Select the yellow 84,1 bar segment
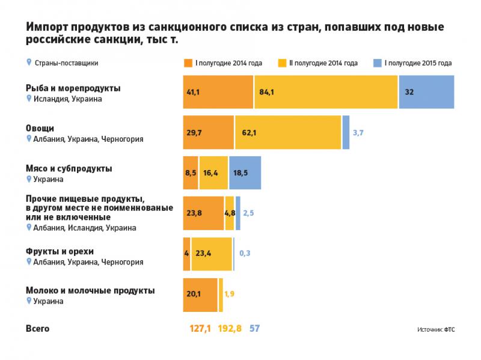click(x=325, y=92)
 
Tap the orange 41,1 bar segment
click(x=218, y=92)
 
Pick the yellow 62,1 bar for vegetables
click(x=287, y=132)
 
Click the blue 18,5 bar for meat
click(x=245, y=172)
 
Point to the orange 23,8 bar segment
click(x=203, y=213)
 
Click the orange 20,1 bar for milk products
click(x=200, y=294)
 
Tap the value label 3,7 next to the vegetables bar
click(x=358, y=132)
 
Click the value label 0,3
click(x=245, y=254)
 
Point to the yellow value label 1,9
click(x=229, y=294)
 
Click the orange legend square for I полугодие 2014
click(x=188, y=63)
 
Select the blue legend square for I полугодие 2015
click(x=378, y=63)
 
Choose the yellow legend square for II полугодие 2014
click(x=283, y=63)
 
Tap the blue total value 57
click(x=254, y=329)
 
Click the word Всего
click(x=38, y=329)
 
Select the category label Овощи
click(x=40, y=128)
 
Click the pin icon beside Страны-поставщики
click(x=29, y=62)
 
